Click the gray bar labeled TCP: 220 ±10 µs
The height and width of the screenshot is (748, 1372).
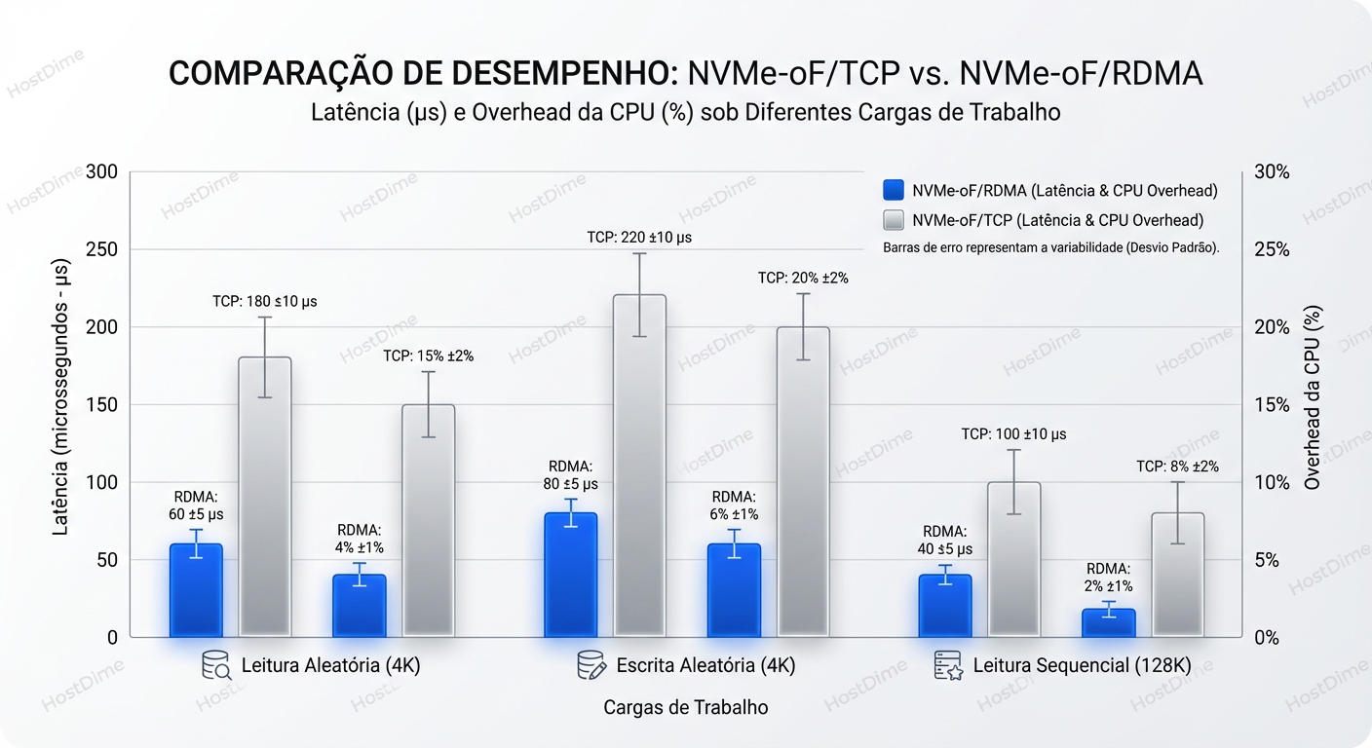[x=639, y=467]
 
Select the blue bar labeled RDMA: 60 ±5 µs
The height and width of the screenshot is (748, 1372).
[x=196, y=590]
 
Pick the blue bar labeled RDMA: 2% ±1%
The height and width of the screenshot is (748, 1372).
[x=1108, y=623]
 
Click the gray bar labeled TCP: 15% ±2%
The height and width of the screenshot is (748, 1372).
[x=429, y=521]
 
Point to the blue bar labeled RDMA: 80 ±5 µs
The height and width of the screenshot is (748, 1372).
[x=570, y=575]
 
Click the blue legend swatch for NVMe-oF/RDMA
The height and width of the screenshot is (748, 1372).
[x=894, y=191]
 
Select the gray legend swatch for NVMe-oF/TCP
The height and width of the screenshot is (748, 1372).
[x=894, y=220]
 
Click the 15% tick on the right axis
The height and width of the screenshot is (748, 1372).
[x=1270, y=404]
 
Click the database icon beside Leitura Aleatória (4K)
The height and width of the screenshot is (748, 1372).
[x=215, y=666]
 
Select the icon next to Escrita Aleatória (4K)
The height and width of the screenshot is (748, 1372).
[x=591, y=666]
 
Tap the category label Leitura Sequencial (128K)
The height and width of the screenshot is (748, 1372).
[x=1082, y=666]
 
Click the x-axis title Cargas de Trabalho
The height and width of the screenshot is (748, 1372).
[x=685, y=707]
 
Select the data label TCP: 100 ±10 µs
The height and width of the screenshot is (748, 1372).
[x=1013, y=433]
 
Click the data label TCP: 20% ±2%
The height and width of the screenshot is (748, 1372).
[x=803, y=278]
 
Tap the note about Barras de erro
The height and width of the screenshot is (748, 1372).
[x=1050, y=247]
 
